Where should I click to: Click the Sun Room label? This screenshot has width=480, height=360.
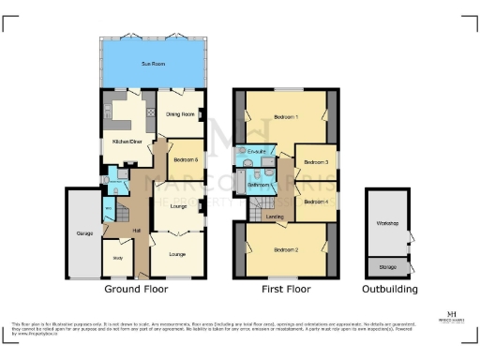[x=152, y=63]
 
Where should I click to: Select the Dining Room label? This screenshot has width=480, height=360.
[x=179, y=114]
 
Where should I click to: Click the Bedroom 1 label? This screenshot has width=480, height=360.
[x=286, y=117]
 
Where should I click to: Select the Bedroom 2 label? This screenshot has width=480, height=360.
[x=286, y=249]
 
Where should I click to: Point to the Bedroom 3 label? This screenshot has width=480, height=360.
[x=314, y=161]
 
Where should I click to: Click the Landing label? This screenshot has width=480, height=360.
[x=275, y=217]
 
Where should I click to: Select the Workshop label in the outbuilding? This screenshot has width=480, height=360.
[x=388, y=223]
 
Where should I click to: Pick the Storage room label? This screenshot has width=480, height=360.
[x=387, y=265]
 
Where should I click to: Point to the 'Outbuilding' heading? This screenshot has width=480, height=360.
[x=391, y=290]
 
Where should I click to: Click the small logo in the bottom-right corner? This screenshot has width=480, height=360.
[x=453, y=317]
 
